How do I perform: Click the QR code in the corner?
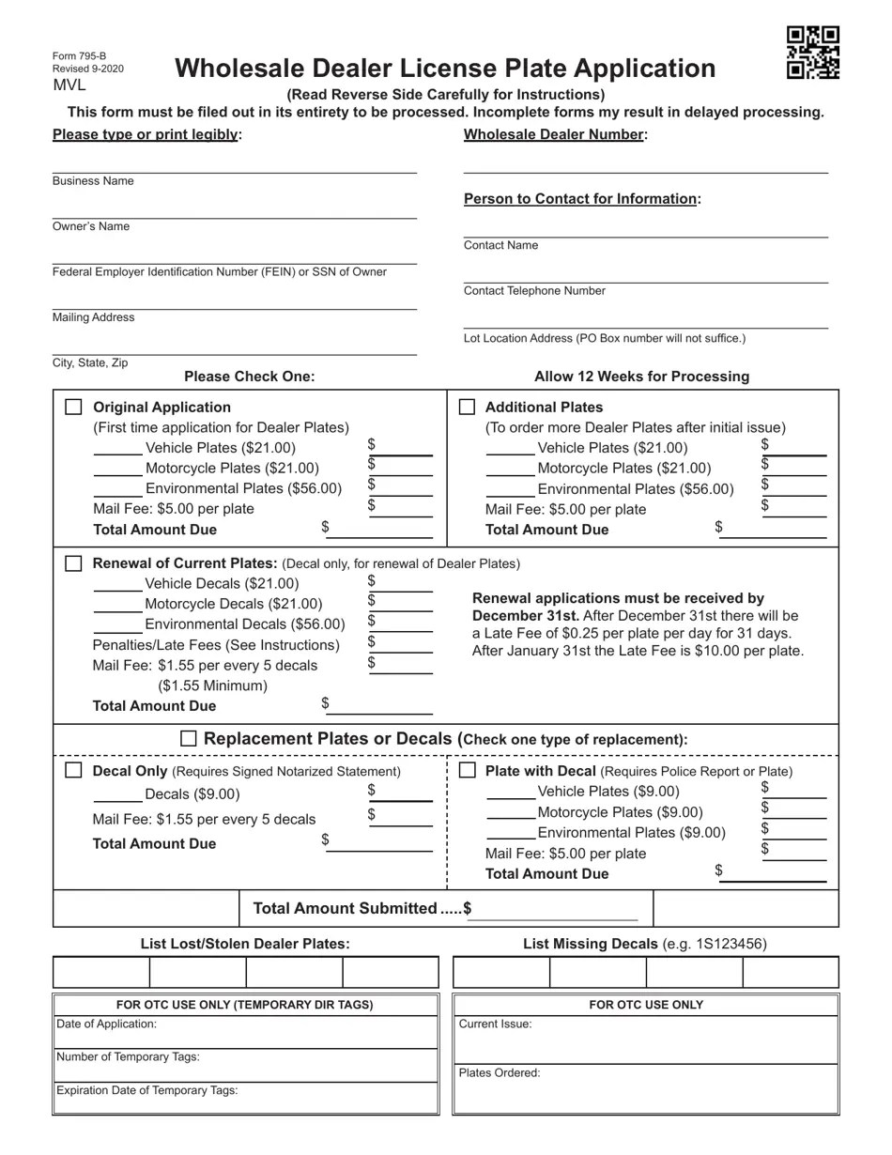[812, 53]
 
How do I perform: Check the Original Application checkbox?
[73, 407]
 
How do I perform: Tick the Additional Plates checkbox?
[467, 407]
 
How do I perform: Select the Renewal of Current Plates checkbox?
[73, 563]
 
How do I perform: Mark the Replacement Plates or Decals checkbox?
[189, 739]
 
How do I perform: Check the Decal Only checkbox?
[73, 770]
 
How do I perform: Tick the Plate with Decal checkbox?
[467, 770]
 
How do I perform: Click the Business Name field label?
[93, 181]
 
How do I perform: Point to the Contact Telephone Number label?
[534, 291]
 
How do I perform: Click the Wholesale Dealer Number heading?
[554, 134]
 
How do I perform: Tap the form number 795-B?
[79, 56]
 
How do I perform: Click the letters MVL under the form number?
[69, 85]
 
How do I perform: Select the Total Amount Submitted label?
[345, 908]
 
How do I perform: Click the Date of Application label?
[106, 1024]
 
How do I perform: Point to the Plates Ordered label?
[500, 1073]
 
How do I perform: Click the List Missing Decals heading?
[590, 944]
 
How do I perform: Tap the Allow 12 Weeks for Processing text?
[641, 377]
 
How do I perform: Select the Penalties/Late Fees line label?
[216, 645]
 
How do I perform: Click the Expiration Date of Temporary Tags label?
[146, 1091]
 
